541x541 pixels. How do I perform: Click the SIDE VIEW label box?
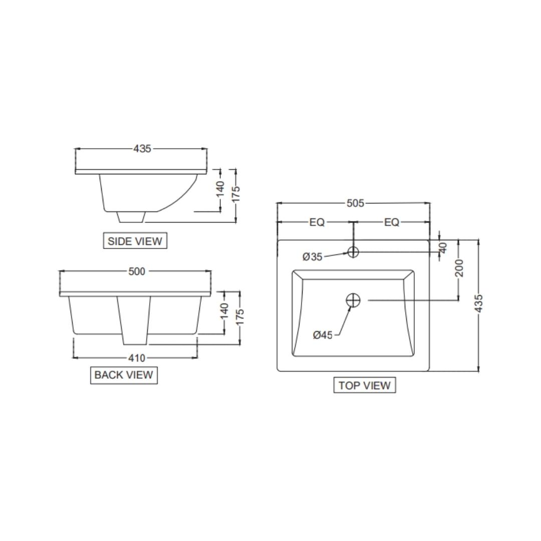click(135, 241)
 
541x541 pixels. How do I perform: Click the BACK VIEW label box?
click(124, 375)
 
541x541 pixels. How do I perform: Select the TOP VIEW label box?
click(364, 385)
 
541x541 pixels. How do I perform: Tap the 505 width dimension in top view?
click(356, 203)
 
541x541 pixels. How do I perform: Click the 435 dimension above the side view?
click(142, 149)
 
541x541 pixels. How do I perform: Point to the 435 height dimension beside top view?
click(478, 304)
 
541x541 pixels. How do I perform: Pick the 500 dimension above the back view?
click(137, 272)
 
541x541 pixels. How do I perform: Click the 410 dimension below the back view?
click(137, 358)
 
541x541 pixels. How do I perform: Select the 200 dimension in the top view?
click(459, 268)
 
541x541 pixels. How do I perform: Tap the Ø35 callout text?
click(313, 257)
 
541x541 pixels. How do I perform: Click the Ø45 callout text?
click(323, 335)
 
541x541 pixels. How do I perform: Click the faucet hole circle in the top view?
click(353, 251)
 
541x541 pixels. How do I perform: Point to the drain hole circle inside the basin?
click(353, 300)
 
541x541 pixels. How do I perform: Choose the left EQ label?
click(317, 222)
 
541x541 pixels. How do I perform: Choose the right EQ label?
click(392, 222)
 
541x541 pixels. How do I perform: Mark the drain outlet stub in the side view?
click(132, 216)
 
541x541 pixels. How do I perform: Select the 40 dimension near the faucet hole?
click(443, 247)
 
